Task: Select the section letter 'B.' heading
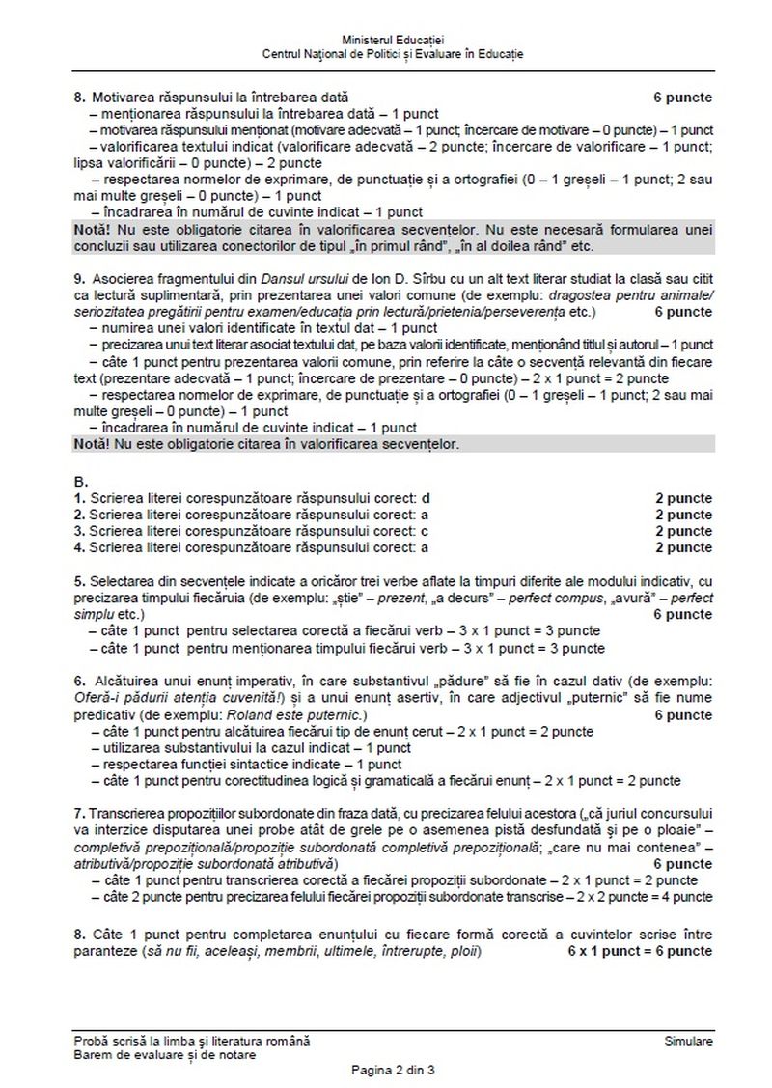point(81,481)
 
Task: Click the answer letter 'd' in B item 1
point(426,498)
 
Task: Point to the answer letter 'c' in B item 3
point(425,531)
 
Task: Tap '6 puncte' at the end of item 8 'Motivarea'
point(683,98)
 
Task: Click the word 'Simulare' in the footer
point(689,1041)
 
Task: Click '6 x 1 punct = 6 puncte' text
point(641,951)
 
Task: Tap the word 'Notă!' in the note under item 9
point(92,444)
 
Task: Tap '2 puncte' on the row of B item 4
point(683,547)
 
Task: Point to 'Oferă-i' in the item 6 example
point(96,699)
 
